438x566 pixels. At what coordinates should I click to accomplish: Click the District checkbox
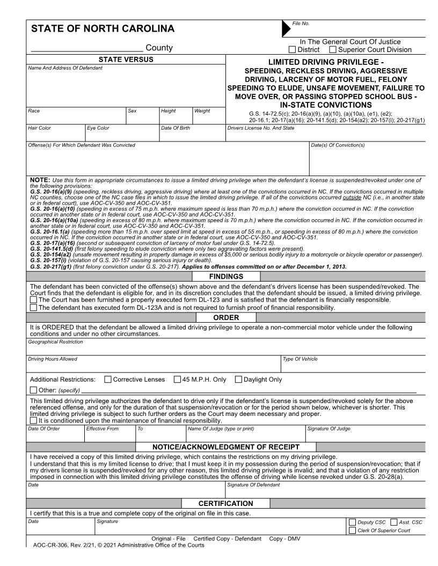coord(293,50)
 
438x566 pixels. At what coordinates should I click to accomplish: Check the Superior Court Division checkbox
coord(333,50)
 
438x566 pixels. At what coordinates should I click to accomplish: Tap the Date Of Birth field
coord(192,135)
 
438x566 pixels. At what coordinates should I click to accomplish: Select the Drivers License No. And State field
coord(325,135)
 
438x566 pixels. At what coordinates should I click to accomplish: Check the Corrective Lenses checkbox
coord(108,379)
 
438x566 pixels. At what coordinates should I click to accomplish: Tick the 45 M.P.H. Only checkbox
coord(178,379)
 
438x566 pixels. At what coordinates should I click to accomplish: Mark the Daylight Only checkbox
coord(239,379)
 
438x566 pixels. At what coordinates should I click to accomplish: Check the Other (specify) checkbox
coord(34,390)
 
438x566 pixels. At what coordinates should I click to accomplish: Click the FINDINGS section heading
coord(226,277)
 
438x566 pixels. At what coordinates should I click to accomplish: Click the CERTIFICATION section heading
coord(226,503)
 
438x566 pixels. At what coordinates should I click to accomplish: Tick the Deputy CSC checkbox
coord(352,522)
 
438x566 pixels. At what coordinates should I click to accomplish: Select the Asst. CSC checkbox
coord(394,522)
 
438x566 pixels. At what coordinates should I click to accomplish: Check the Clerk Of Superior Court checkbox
coord(352,531)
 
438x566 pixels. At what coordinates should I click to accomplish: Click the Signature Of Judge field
coord(364,435)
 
